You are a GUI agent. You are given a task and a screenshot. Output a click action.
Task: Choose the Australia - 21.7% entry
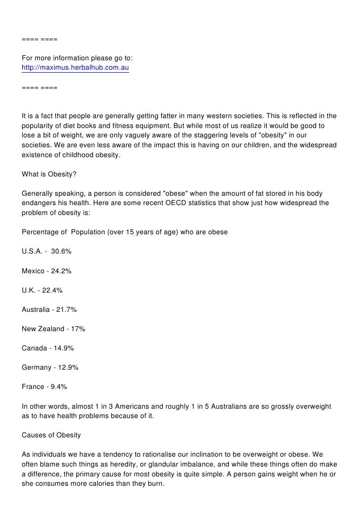pos(49,309)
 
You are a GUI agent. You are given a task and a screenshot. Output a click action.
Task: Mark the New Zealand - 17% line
pos(53,329)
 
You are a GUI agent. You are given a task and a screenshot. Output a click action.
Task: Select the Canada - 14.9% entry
pos(48,348)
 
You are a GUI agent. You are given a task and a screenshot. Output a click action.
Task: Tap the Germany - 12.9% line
pos(50,367)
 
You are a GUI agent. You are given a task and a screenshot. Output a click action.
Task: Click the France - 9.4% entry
pos(45,386)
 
